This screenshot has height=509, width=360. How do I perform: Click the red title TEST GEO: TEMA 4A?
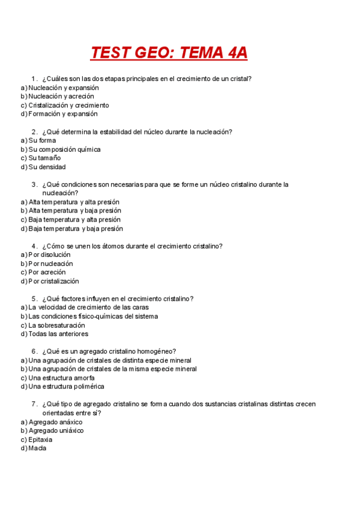[169, 53]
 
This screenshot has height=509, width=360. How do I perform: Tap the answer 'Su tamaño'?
[45, 158]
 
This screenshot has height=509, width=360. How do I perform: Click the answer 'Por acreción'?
[47, 273]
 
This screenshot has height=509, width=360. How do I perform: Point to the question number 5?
[34, 299]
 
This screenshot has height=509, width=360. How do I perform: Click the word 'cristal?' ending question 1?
[239, 79]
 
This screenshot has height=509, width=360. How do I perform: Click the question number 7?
[34, 405]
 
